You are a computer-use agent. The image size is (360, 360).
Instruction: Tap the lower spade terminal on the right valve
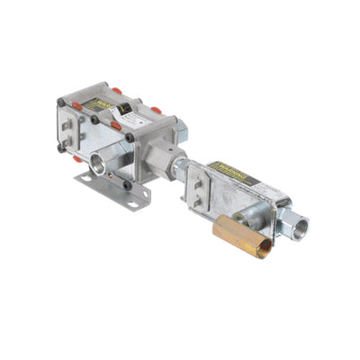[x=196, y=202]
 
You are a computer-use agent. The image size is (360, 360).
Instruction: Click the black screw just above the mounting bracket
[x=127, y=185]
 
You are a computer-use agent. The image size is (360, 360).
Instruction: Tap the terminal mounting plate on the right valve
[x=203, y=190]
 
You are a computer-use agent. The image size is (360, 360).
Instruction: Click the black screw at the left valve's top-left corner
[x=60, y=102]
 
